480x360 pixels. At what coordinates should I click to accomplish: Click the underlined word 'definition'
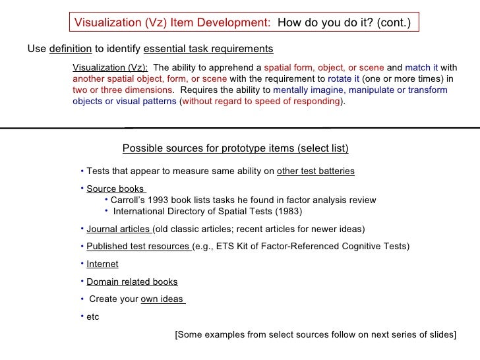[70, 49]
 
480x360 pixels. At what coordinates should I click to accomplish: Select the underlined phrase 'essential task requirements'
[208, 49]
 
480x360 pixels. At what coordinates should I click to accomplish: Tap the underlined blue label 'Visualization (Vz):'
[110, 67]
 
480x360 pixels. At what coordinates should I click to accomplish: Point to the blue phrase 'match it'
[421, 67]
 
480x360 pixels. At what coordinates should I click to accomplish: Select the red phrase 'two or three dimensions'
[123, 90]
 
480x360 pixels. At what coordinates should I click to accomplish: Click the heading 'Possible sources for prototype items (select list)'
[235, 148]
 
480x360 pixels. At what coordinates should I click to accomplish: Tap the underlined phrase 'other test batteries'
[316, 171]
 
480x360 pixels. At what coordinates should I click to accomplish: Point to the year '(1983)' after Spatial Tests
[287, 212]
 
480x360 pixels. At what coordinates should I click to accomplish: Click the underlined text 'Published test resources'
[138, 247]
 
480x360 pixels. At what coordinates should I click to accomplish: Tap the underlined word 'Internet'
[102, 264]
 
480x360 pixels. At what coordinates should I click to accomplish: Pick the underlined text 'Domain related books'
[132, 282]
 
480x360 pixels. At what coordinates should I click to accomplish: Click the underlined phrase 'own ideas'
[162, 299]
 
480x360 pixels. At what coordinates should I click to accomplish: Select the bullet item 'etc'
[92, 317]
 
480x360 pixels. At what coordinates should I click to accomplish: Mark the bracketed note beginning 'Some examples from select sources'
[315, 335]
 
